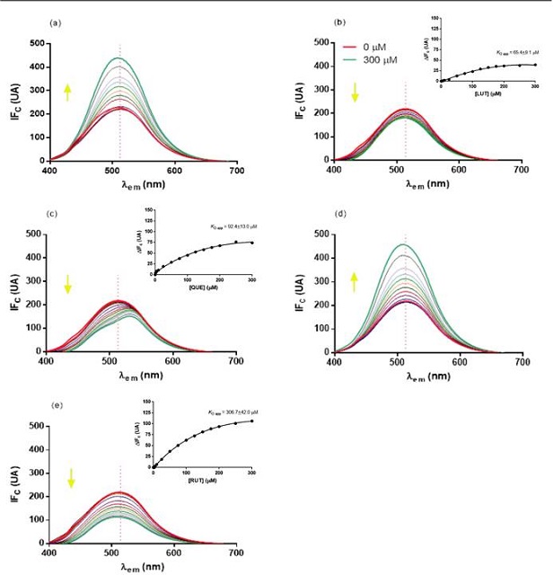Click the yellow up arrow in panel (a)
pos(66,91)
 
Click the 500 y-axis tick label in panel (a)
pos(37,43)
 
